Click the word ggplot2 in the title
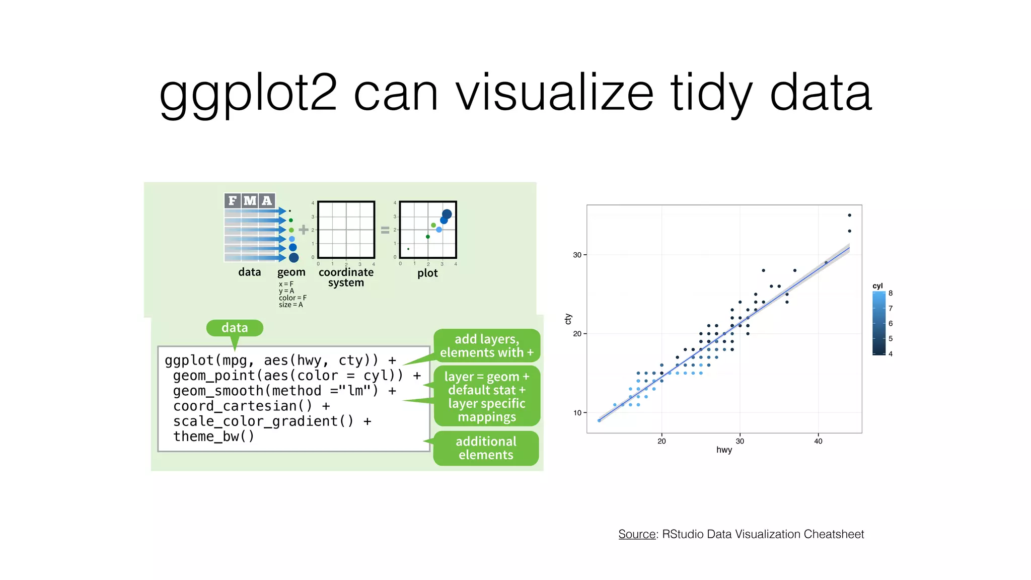pyautogui.click(x=248, y=94)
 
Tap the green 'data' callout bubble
pyautogui.click(x=235, y=328)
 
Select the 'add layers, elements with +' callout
pyautogui.click(x=486, y=346)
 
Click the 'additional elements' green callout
pyautogui.click(x=486, y=448)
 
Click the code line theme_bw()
pyautogui.click(x=213, y=437)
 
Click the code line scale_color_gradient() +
pyautogui.click(x=272, y=421)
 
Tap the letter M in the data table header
pyautogui.click(x=250, y=201)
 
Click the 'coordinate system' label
pyautogui.click(x=346, y=277)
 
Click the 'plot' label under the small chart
pyautogui.click(x=427, y=273)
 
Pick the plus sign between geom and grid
pyautogui.click(x=304, y=230)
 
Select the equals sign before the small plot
pyautogui.click(x=385, y=230)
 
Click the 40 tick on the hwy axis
pyautogui.click(x=818, y=441)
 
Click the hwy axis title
pyautogui.click(x=724, y=450)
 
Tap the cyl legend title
pyautogui.click(x=877, y=286)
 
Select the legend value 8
pyautogui.click(x=891, y=293)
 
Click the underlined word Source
pyautogui.click(x=637, y=534)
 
